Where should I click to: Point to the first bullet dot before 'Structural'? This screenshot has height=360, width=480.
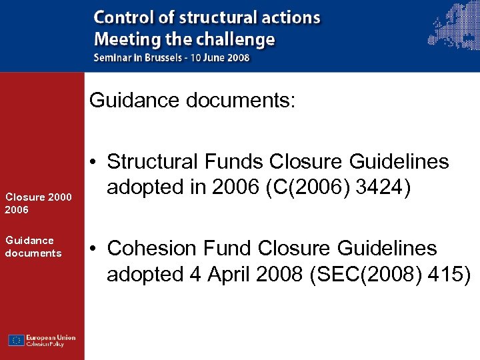click(x=94, y=162)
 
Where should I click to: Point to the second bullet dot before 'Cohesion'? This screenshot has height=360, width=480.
click(x=94, y=249)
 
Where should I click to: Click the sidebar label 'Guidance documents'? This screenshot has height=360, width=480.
click(x=33, y=247)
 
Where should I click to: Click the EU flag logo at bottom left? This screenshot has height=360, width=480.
click(x=17, y=340)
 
